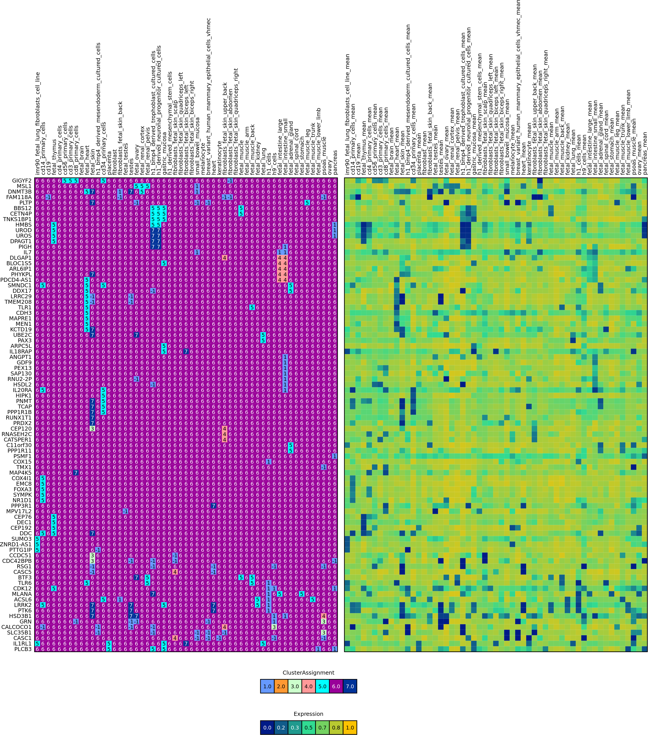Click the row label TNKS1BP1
click(x=17, y=219)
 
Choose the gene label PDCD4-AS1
click(x=16, y=280)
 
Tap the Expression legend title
click(x=308, y=714)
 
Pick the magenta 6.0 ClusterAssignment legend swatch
click(x=336, y=686)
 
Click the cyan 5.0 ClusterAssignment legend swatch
click(x=322, y=686)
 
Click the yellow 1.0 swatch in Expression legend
click(x=350, y=728)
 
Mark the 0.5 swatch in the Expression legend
click(x=308, y=728)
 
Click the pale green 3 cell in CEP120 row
click(x=92, y=429)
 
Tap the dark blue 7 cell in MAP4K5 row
click(x=76, y=472)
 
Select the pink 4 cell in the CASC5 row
click(x=175, y=572)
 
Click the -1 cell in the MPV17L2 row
click(x=125, y=511)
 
